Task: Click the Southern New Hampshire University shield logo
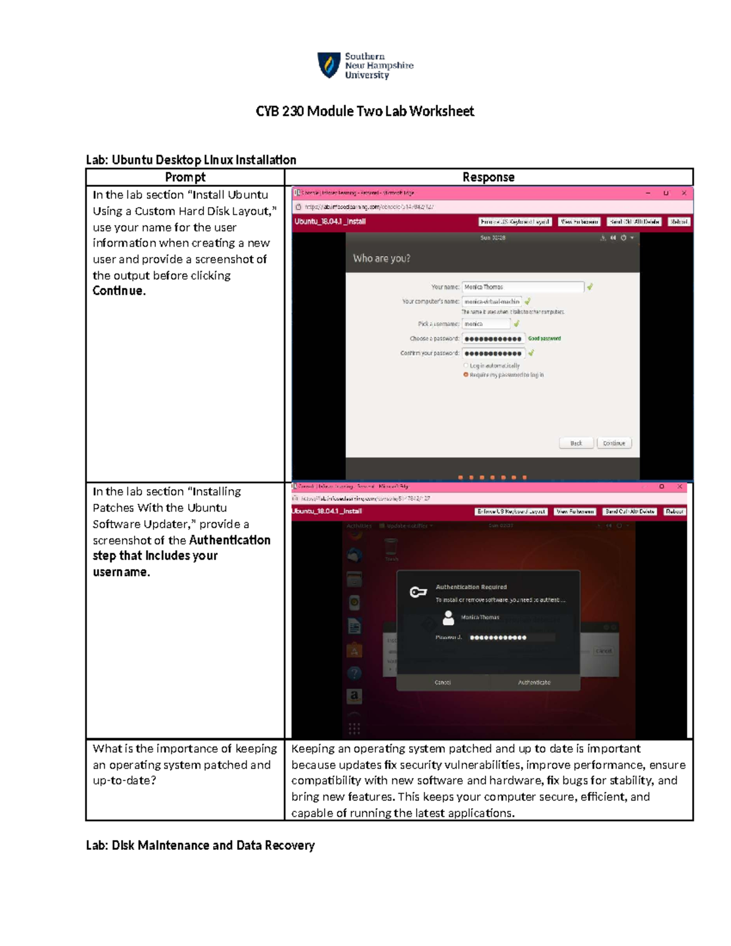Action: (x=329, y=65)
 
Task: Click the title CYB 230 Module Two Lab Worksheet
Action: (x=364, y=111)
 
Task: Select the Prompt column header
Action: (x=185, y=177)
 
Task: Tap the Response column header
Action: (x=488, y=177)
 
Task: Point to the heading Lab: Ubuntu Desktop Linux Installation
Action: (x=191, y=160)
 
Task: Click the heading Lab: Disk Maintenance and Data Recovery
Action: (x=200, y=845)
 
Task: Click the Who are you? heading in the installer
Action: (x=381, y=258)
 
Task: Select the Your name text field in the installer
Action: (x=523, y=287)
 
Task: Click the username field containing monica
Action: (x=486, y=324)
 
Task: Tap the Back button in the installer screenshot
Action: (x=576, y=443)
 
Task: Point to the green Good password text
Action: (x=544, y=339)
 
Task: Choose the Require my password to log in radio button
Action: (x=466, y=375)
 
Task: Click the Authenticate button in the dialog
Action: (x=534, y=682)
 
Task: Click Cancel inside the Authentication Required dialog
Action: (x=443, y=682)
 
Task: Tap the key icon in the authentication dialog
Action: (x=418, y=591)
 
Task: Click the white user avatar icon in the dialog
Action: (x=448, y=618)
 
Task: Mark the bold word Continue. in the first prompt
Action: (x=119, y=291)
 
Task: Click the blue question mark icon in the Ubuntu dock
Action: (x=355, y=673)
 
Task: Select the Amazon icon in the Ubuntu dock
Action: (x=355, y=696)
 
